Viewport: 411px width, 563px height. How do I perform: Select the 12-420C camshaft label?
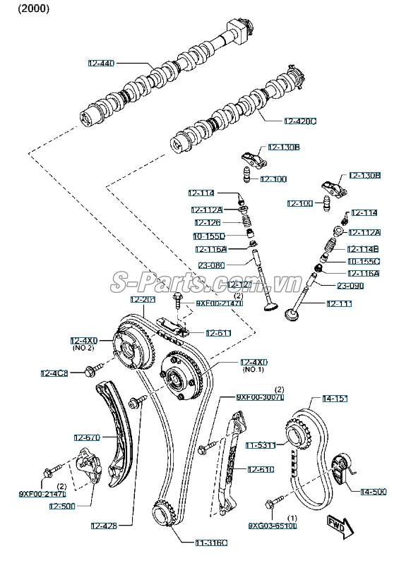(300, 121)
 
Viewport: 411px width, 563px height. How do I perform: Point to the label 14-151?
(335, 399)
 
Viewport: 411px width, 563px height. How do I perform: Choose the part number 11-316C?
(212, 543)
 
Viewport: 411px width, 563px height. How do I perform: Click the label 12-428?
(103, 525)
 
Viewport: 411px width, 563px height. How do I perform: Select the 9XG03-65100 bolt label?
(273, 526)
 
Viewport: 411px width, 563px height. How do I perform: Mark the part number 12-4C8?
(54, 373)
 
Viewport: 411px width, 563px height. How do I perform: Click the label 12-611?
(218, 332)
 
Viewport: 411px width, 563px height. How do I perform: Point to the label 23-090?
(350, 286)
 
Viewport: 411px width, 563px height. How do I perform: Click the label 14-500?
(374, 491)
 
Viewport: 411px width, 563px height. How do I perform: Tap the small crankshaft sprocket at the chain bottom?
(164, 511)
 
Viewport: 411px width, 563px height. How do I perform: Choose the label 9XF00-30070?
(260, 397)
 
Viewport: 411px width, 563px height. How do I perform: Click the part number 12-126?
(208, 223)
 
